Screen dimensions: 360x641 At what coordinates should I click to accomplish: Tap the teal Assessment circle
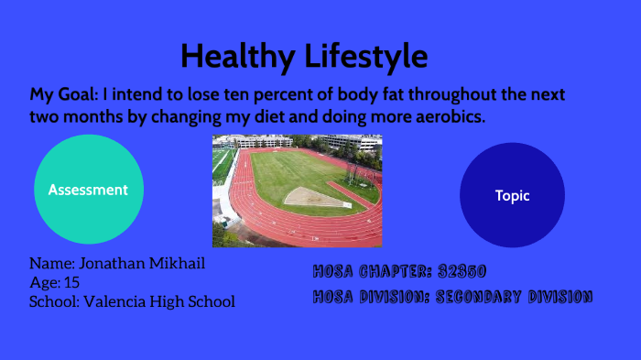[x=88, y=190]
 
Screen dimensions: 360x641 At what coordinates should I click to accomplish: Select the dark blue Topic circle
[x=512, y=195]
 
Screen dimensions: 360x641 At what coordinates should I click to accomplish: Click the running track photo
[x=297, y=191]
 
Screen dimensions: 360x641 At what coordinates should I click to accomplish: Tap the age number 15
[x=71, y=282]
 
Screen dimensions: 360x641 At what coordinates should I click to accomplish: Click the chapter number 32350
[x=462, y=271]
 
